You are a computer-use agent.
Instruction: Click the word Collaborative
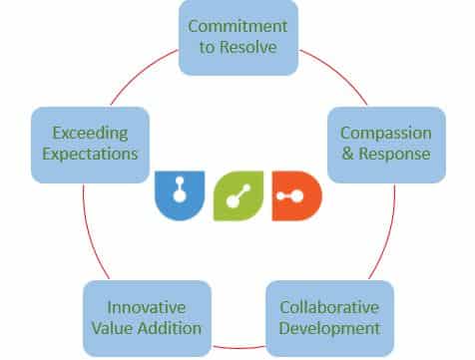(x=328, y=306)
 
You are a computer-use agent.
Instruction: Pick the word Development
(x=328, y=327)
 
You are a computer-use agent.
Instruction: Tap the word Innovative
(x=147, y=306)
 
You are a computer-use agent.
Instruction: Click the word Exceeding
(x=84, y=133)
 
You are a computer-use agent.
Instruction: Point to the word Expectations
(x=84, y=154)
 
